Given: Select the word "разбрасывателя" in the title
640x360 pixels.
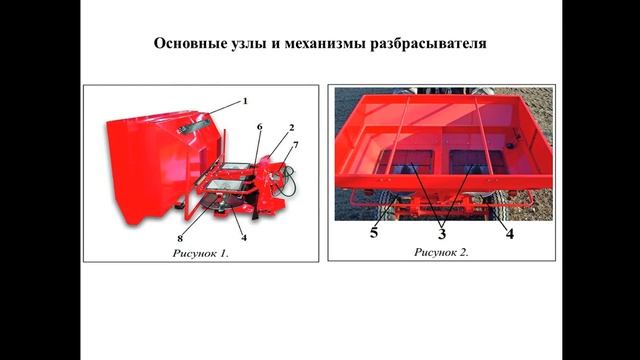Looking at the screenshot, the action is click(x=428, y=43).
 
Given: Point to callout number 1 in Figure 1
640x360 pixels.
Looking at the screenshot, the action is click(x=245, y=101).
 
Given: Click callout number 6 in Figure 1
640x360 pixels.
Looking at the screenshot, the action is click(x=260, y=127).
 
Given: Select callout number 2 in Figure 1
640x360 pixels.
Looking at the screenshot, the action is click(x=291, y=128).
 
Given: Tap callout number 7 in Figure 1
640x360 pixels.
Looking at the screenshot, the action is click(x=296, y=145).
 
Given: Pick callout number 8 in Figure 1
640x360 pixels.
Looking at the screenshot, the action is click(x=180, y=238).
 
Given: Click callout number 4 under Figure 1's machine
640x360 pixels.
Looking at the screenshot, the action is click(x=244, y=238).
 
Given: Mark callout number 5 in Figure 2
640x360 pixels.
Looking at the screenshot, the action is click(x=374, y=233).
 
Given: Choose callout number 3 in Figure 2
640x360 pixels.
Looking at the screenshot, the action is click(x=442, y=234).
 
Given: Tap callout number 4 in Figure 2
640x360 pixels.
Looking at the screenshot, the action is click(x=510, y=233).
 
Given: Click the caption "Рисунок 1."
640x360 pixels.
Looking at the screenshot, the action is click(x=200, y=253).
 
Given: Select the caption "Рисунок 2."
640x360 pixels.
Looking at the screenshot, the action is click(x=442, y=252).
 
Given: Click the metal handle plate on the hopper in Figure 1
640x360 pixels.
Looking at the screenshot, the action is click(x=194, y=126).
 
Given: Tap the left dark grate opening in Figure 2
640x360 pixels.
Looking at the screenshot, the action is click(x=405, y=162).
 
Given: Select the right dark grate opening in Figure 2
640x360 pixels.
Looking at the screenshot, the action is click(x=476, y=162).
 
